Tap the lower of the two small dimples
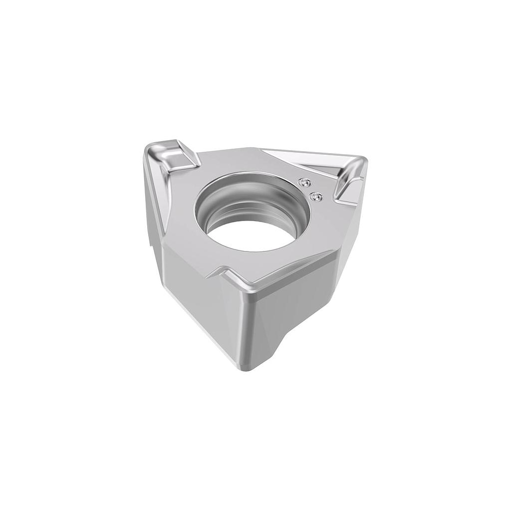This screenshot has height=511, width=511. pos(315,198)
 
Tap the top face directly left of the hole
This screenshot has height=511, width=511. pos(182,215)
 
